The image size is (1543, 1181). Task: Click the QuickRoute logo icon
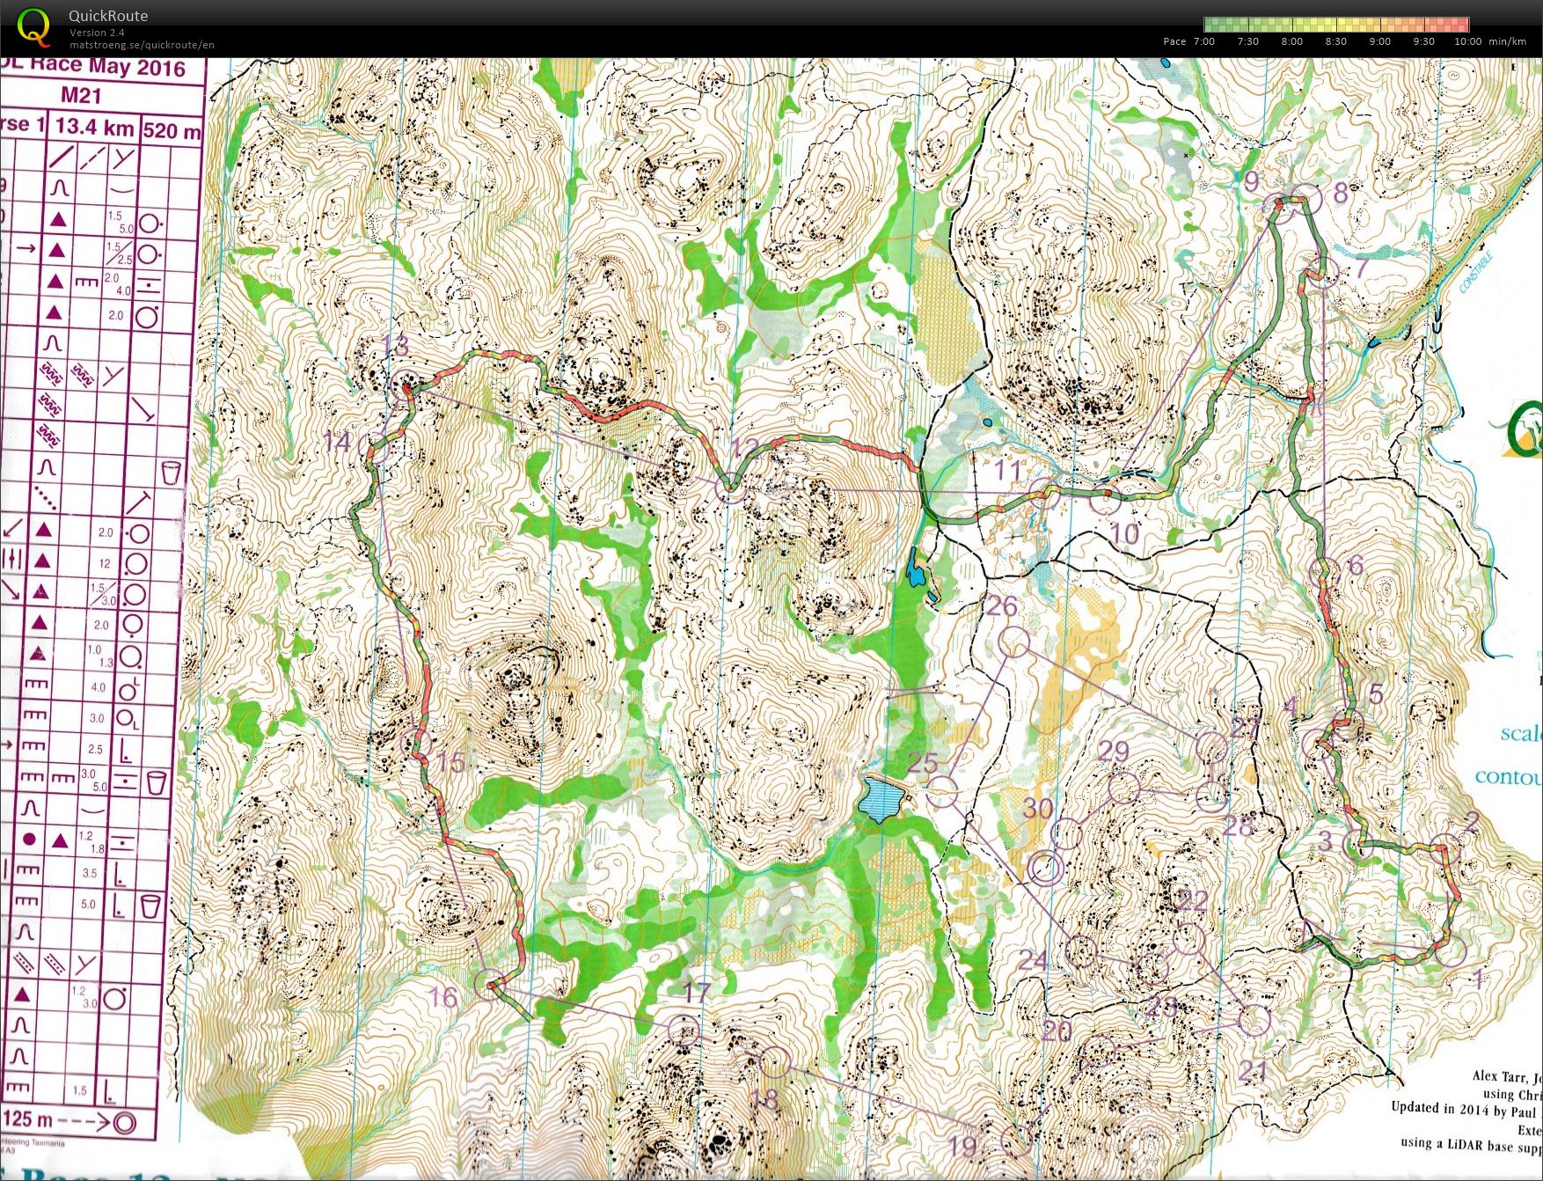pyautogui.click(x=33, y=26)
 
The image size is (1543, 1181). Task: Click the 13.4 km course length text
pyautogui.click(x=94, y=127)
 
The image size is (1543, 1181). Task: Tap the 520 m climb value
pyautogui.click(x=172, y=131)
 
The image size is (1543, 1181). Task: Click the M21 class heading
pyautogui.click(x=81, y=96)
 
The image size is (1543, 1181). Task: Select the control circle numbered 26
pyautogui.click(x=1015, y=642)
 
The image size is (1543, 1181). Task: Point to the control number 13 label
pyautogui.click(x=397, y=345)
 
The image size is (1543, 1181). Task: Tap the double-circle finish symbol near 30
pyautogui.click(x=1044, y=869)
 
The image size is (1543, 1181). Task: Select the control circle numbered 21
pyautogui.click(x=1254, y=1020)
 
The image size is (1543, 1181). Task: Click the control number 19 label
pyautogui.click(x=962, y=1146)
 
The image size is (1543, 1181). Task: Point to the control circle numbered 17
pyautogui.click(x=684, y=1030)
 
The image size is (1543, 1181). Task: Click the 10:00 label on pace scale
pyautogui.click(x=1467, y=41)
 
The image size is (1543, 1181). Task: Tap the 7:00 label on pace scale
pyautogui.click(x=1203, y=41)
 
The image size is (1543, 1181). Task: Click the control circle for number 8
pyautogui.click(x=1306, y=198)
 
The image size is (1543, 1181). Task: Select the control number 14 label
pyautogui.click(x=337, y=441)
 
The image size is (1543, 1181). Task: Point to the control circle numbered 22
pyautogui.click(x=1188, y=938)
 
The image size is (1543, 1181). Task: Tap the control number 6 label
pyautogui.click(x=1355, y=564)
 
